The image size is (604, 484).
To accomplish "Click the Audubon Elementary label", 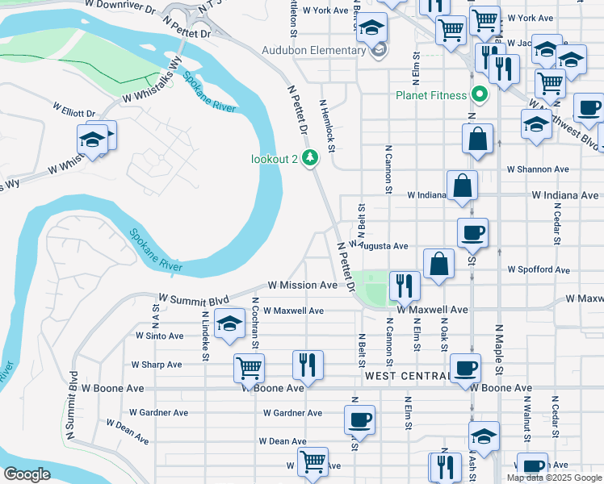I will click(x=314, y=51).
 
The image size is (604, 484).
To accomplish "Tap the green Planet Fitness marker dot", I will click(x=480, y=95).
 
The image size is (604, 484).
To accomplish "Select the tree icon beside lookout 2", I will click(x=308, y=158).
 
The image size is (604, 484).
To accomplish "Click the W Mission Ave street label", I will click(x=303, y=286).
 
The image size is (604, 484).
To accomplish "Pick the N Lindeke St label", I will click(x=206, y=340).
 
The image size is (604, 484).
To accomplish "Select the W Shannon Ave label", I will click(x=538, y=169).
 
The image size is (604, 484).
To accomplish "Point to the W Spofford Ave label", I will click(x=538, y=269).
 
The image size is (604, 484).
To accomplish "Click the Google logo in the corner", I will click(x=27, y=474).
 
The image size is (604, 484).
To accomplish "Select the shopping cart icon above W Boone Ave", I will click(x=249, y=367).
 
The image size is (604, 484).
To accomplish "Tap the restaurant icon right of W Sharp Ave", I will click(x=307, y=363).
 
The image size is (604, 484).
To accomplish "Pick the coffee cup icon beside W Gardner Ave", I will click(x=359, y=419).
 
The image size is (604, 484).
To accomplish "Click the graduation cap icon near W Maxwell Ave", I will click(x=229, y=324).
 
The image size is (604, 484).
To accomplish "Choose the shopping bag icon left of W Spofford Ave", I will click(x=438, y=263).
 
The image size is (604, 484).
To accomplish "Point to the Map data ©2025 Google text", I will click(x=553, y=478).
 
